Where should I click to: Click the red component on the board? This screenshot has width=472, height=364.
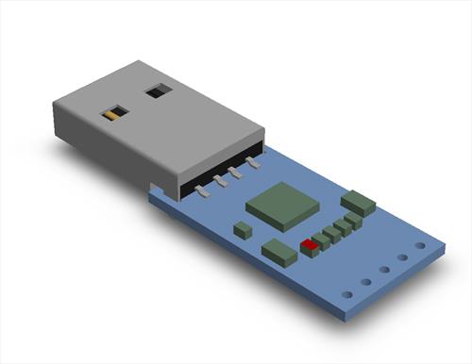tap(308, 245)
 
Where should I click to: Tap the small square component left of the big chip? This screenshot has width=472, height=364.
tap(244, 229)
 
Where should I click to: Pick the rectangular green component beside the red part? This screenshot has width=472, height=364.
tap(278, 251)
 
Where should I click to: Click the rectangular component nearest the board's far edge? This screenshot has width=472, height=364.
tap(359, 202)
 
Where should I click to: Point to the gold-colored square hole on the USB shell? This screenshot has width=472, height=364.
tap(113, 114)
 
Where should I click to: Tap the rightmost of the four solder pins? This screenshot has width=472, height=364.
tap(252, 164)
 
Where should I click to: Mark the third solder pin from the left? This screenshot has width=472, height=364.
tap(235, 172)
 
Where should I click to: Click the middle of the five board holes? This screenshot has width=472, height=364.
tap(384, 270)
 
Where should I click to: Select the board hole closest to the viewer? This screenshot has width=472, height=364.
tap(347, 294)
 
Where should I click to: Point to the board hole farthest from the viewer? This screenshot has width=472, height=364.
tap(420, 246)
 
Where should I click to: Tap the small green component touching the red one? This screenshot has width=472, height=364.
tap(320, 240)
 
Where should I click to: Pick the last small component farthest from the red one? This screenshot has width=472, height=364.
tap(352, 219)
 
